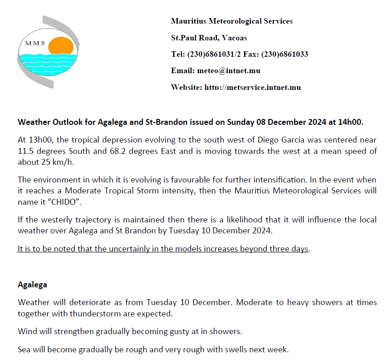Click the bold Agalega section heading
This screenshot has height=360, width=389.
click(x=32, y=285)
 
